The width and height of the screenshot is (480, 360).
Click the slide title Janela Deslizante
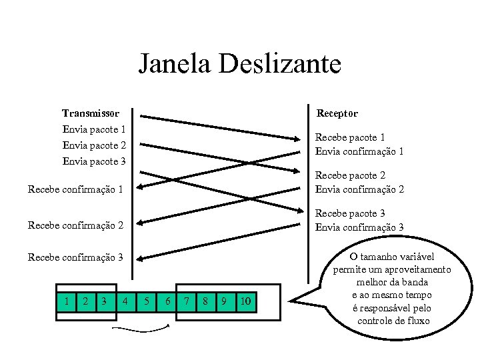coord(240,64)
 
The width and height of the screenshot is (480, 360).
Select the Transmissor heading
coord(91,113)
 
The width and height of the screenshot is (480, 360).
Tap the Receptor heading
coord(337,113)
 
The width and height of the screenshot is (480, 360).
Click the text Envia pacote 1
coord(94,129)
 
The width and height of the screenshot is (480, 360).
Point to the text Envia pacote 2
coord(94,145)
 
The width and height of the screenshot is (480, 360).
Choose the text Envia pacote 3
coord(94,161)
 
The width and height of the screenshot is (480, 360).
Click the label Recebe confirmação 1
coord(75,189)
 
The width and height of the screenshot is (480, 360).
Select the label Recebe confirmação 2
coord(75,225)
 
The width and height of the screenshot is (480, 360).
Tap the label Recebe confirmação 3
coord(75,257)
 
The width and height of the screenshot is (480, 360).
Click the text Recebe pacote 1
coord(350,137)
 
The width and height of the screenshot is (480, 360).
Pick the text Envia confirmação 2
coord(359,189)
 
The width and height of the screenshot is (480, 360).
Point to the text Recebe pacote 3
coord(350,213)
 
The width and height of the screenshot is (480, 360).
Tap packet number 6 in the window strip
coord(167,301)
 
